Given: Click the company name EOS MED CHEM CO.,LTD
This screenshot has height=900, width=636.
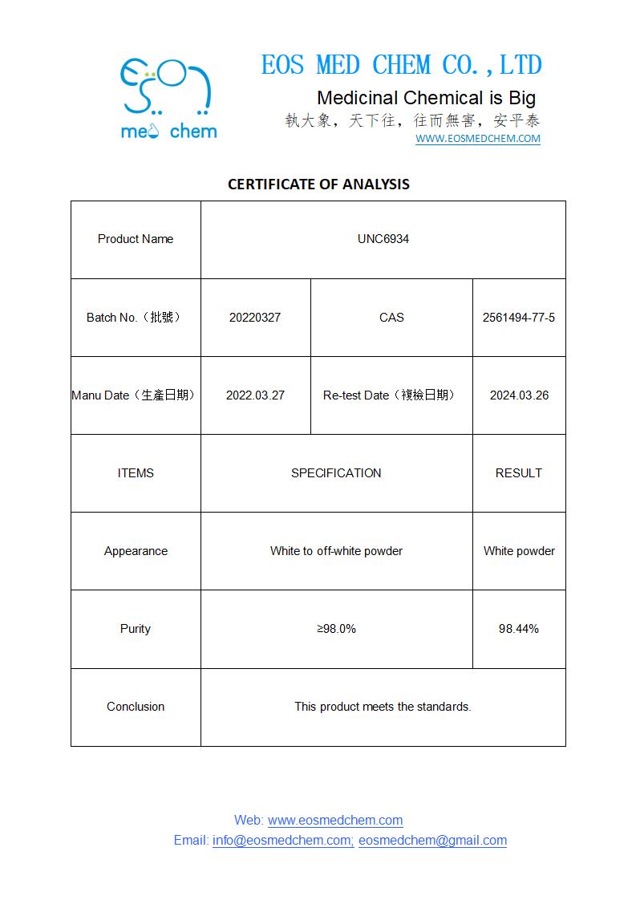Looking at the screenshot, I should tap(401, 65).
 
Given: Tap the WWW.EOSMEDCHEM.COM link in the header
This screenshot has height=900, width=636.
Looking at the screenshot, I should tap(477, 139).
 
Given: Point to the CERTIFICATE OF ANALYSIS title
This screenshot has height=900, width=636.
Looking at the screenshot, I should tap(318, 184).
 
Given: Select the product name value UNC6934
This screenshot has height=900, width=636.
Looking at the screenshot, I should tap(383, 239).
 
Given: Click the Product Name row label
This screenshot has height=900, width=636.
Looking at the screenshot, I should tap(136, 239).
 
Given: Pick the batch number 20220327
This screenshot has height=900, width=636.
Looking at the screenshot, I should tap(255, 318).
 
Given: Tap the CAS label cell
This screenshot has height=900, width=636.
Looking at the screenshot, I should tap(391, 318).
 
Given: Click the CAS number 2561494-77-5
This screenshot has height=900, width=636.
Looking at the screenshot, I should tap(518, 318).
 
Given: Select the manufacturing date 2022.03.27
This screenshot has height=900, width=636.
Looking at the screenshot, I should tap(255, 395).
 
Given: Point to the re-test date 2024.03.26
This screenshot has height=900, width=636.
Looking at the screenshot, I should tap(519, 395).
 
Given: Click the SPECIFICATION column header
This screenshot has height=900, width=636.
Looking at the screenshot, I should tap(336, 473).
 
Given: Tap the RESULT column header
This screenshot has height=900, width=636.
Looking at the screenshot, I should tap(519, 473).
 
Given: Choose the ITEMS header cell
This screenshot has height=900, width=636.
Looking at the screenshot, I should tap(136, 473).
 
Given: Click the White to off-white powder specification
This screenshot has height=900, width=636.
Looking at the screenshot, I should tap(336, 551).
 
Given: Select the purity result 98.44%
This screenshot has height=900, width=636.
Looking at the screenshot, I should tap(519, 629).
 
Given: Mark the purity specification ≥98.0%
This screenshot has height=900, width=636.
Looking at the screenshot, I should tap(336, 629).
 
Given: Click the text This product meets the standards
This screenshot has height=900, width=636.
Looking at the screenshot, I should tap(383, 707).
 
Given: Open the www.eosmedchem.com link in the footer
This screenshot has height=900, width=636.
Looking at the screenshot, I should tap(335, 821).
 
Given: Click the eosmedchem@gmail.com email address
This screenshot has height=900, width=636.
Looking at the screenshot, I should tap(432, 841).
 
